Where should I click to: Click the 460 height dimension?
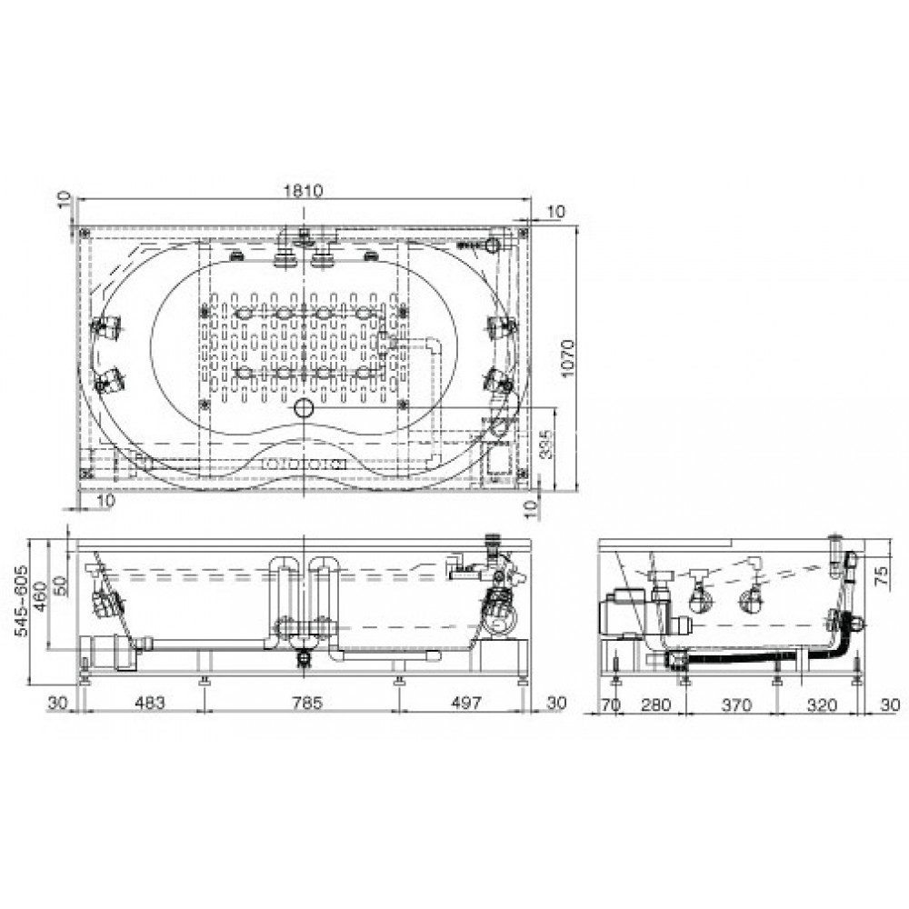42,601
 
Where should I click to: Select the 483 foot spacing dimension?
149,703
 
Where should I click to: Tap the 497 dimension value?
465,703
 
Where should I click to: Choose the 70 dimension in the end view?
610,703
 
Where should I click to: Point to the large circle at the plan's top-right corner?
494,245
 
